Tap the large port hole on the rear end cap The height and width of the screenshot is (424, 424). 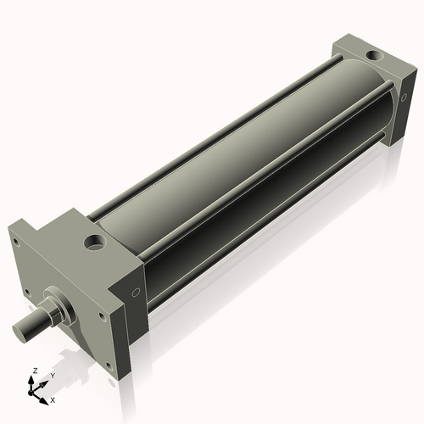371,56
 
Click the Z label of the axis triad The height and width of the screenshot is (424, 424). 32,371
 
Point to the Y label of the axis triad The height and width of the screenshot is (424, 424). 52,375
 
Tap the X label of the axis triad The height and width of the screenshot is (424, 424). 53,398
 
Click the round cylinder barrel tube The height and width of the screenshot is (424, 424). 246,170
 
